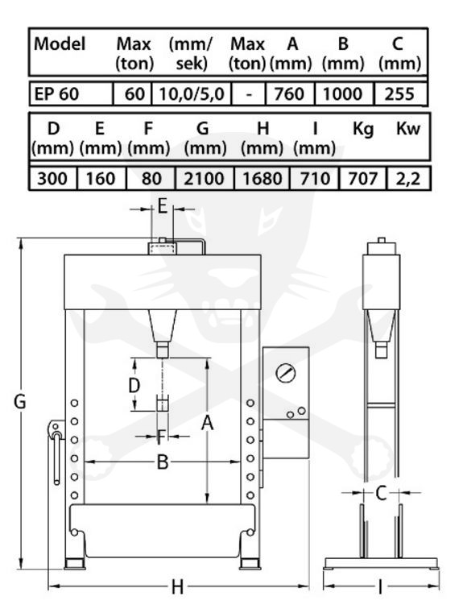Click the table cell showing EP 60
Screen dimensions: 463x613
pos(71,93)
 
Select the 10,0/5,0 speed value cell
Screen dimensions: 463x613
pos(192,93)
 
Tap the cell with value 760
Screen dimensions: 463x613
pos(290,93)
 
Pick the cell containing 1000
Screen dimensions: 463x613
pos(344,93)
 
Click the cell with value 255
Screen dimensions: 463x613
pos(400,93)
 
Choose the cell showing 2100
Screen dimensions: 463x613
pos(205,179)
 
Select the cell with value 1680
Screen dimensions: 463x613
pos(263,179)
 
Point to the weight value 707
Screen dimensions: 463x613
pos(362,179)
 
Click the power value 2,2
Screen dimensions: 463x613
pos(408,179)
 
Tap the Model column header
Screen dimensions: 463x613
pos(60,43)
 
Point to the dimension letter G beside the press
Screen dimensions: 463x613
pos(19,401)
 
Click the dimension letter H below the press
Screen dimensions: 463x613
pos(177,586)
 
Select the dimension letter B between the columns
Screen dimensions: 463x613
pos(163,462)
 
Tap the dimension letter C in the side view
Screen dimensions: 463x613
pos(381,493)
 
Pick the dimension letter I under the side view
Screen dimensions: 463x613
pos(380,586)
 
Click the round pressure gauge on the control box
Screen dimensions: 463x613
pos(286,373)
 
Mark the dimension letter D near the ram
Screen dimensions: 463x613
pos(134,386)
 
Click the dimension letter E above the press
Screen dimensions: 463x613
pos(163,206)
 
